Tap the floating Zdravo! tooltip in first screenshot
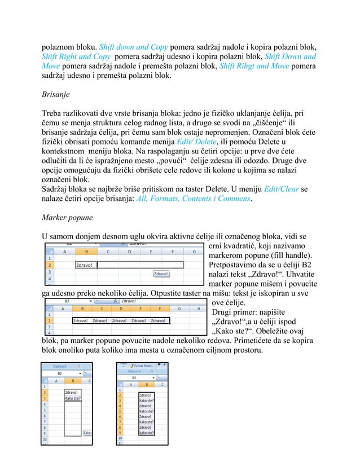click(x=161, y=274)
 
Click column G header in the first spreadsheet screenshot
click(x=194, y=252)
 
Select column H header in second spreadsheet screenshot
click(x=198, y=309)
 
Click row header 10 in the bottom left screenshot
click(x=45, y=437)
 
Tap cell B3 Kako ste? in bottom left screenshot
click(x=73, y=398)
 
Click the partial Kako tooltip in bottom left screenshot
click(x=87, y=433)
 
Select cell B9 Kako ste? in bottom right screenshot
click(x=146, y=433)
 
